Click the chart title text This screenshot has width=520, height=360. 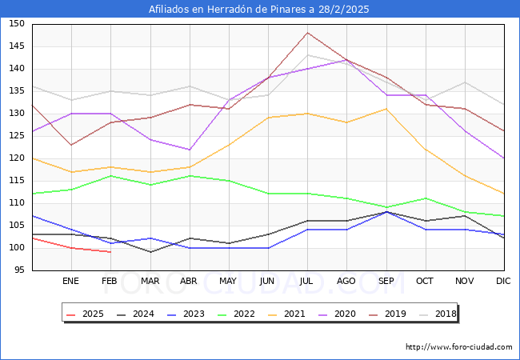coord(259,10)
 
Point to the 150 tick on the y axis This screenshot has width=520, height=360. coord(17,24)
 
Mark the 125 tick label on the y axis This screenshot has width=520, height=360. coord(17,136)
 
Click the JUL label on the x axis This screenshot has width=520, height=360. coord(306,282)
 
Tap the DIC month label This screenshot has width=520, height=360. coord(503,282)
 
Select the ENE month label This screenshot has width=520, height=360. coord(70,282)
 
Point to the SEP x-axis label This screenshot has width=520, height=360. coord(386,282)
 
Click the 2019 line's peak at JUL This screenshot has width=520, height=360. coord(307,33)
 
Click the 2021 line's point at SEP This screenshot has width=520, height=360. coord(386,109)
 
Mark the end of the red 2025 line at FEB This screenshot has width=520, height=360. coord(110,252)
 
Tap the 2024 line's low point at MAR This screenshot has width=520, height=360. coord(150,252)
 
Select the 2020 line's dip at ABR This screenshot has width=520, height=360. coord(189,150)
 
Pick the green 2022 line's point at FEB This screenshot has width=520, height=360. coord(110,176)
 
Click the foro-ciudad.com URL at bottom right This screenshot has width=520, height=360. coord(458,347)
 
